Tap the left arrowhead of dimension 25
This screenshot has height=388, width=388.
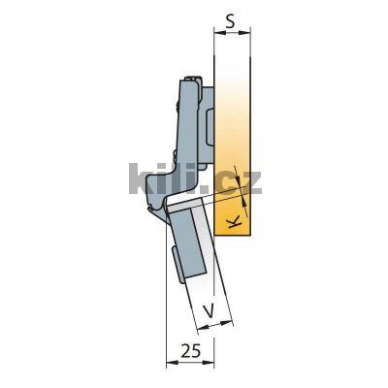click(170, 362)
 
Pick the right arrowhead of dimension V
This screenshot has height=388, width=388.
click(226, 326)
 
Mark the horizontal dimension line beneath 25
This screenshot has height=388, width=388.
click(189, 362)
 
